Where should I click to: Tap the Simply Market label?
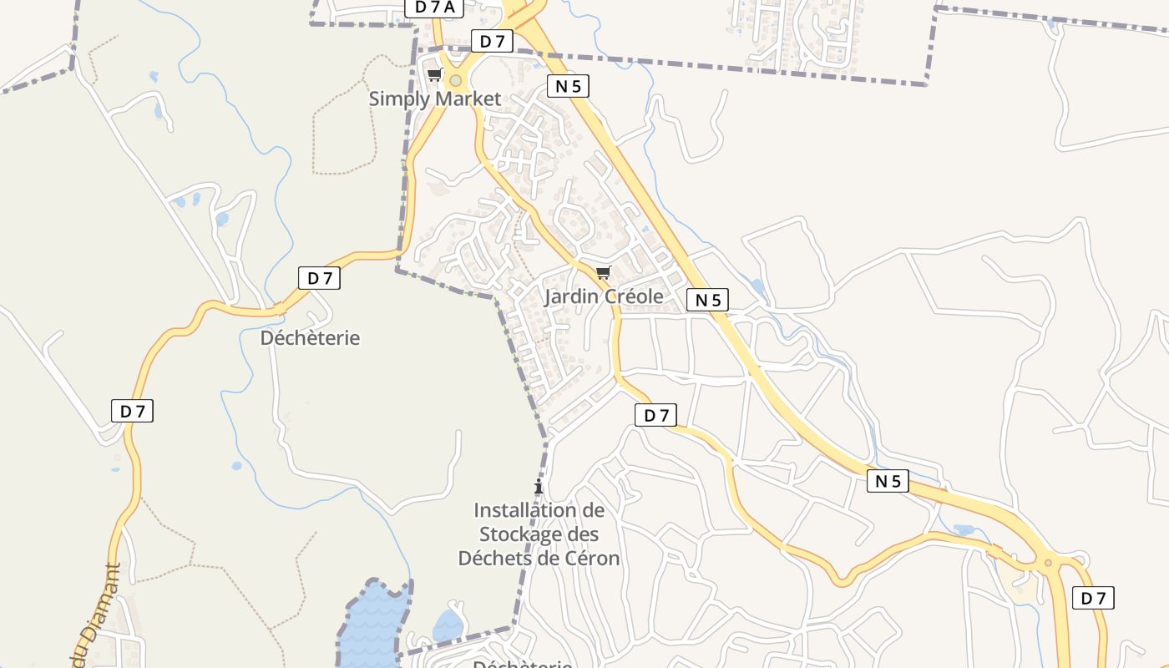[435, 99]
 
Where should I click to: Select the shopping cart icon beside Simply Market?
[433, 75]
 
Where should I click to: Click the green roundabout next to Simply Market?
[455, 81]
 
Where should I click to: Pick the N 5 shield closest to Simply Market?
[569, 85]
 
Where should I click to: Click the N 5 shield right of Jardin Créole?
[707, 300]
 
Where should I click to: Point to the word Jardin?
[572, 296]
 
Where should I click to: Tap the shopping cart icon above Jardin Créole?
[603, 272]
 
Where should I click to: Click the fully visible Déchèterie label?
[310, 338]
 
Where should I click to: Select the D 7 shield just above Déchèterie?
[319, 278]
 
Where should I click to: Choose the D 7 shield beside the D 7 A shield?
[492, 41]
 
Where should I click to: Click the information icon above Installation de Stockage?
[539, 486]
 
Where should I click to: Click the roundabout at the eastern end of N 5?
[1049, 562]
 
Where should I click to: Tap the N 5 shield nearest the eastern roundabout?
[887, 481]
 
